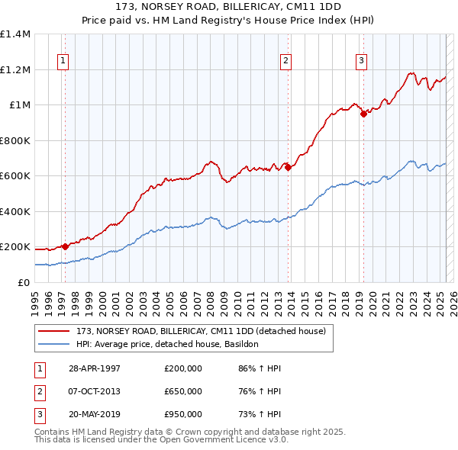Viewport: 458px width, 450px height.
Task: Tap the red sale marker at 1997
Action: pos(66,246)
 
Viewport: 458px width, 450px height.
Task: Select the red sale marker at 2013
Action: pos(288,167)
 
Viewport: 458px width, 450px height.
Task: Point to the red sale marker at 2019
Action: pos(363,114)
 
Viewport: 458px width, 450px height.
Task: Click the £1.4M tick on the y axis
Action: pos(15,34)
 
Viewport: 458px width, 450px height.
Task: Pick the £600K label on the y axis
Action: pos(15,176)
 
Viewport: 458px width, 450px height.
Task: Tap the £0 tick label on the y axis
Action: pos(23,282)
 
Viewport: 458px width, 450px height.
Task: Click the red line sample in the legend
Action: pos(54,331)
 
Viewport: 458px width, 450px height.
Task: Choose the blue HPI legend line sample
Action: pos(54,344)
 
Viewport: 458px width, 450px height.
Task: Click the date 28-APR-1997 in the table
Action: pos(95,369)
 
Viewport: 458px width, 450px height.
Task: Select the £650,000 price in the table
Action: pos(183,391)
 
